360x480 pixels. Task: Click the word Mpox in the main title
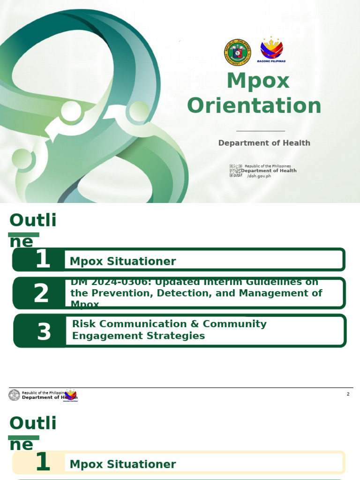[x=258, y=82]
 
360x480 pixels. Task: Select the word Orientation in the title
[x=254, y=106]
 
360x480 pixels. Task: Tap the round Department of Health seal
[x=238, y=52]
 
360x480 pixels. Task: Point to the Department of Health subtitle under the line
[x=264, y=143]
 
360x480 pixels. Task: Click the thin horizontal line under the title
[x=261, y=131]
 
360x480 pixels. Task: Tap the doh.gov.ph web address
[x=259, y=176]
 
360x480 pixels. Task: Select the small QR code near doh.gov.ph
[x=235, y=171]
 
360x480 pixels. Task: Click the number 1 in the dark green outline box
[x=43, y=259]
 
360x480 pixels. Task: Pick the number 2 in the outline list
[x=41, y=294]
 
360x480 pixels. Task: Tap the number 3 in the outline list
[x=44, y=331]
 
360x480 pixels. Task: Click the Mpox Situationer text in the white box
[x=123, y=262]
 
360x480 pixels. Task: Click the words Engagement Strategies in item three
[x=138, y=336]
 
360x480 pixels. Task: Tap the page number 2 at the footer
[x=348, y=394]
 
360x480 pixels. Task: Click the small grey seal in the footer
[x=15, y=395]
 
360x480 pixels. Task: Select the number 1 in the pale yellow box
[x=43, y=462]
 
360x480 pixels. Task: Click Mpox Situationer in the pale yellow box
[x=123, y=465]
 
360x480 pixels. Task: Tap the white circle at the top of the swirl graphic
[x=71, y=111]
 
